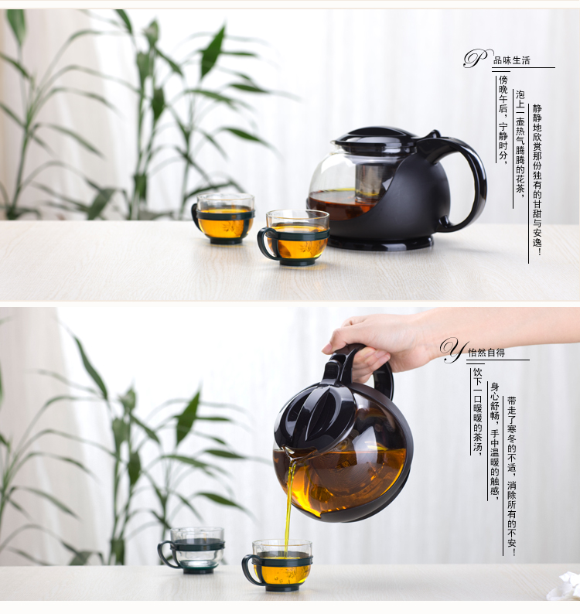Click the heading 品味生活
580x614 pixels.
[x=511, y=60]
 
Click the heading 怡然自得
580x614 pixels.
[x=486, y=353]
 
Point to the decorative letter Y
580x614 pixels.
[x=454, y=350]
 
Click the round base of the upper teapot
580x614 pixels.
[x=380, y=243]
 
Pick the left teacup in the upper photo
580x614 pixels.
[x=223, y=218]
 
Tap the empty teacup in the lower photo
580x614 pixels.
[x=192, y=550]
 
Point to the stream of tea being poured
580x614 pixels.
[x=289, y=505]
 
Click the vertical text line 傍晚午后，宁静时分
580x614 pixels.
[x=503, y=119]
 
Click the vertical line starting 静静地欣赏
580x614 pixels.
[x=537, y=180]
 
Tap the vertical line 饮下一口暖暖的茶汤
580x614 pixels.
[x=477, y=410]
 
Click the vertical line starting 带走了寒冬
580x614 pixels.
[x=511, y=476]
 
